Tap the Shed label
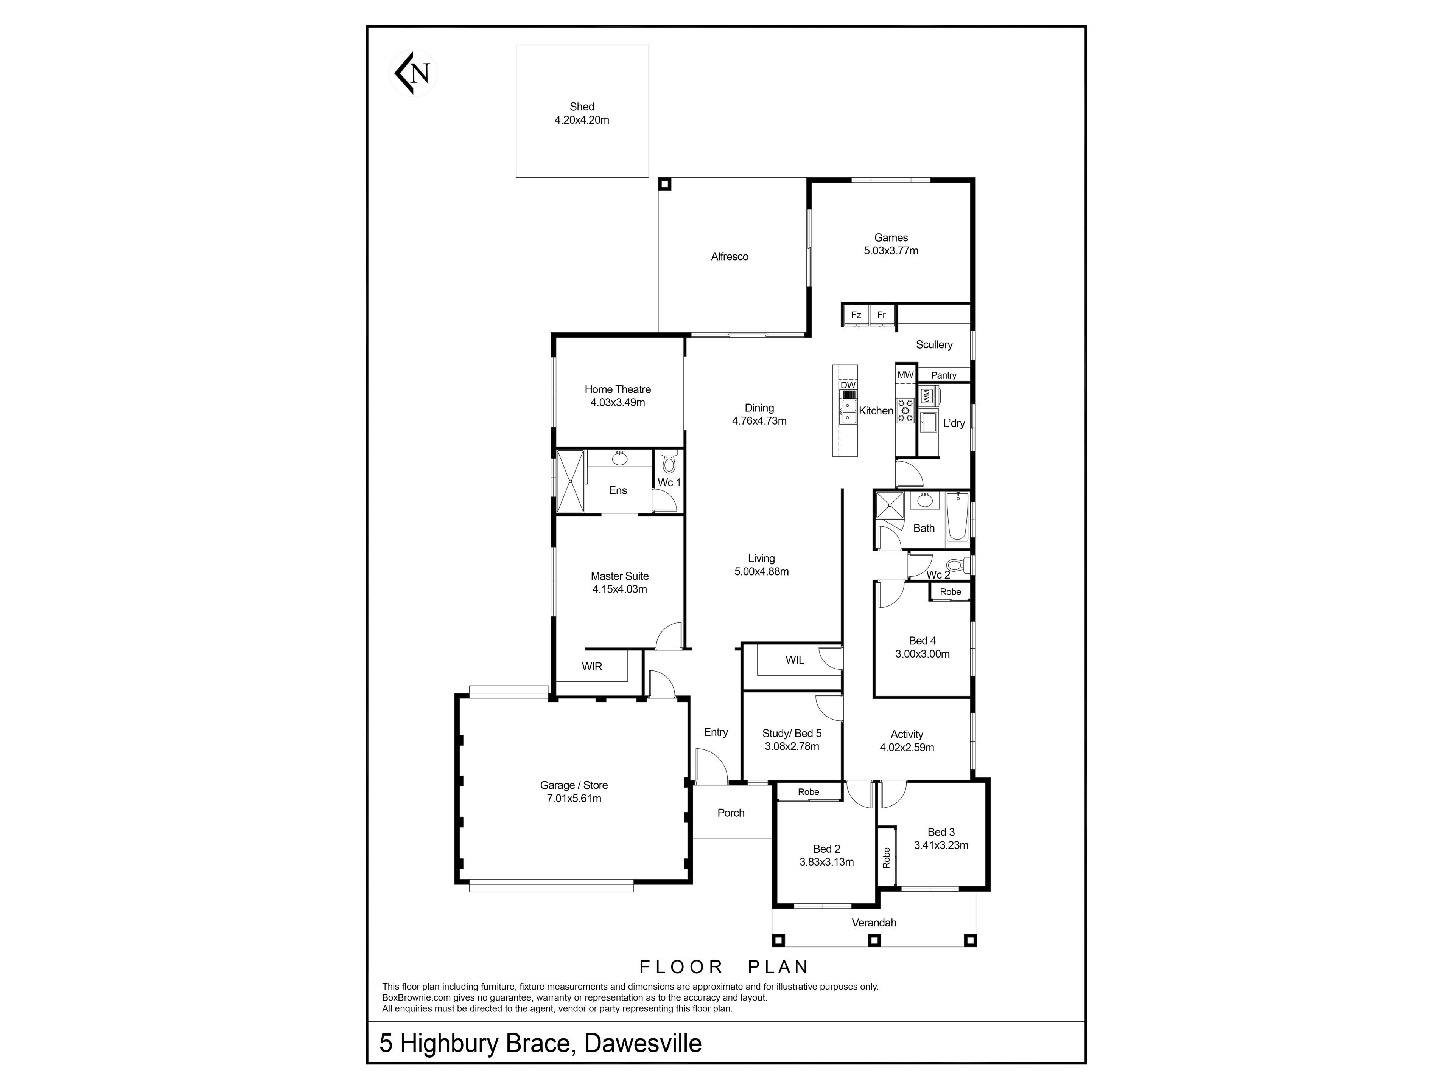point(582,106)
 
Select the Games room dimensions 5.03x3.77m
point(891,251)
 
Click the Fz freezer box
point(856,315)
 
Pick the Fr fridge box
point(882,315)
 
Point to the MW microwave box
point(906,374)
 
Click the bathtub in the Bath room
point(957,518)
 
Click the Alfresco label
point(730,257)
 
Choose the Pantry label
point(944,375)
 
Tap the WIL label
point(795,660)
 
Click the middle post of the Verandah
point(874,940)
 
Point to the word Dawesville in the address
point(643,1043)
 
